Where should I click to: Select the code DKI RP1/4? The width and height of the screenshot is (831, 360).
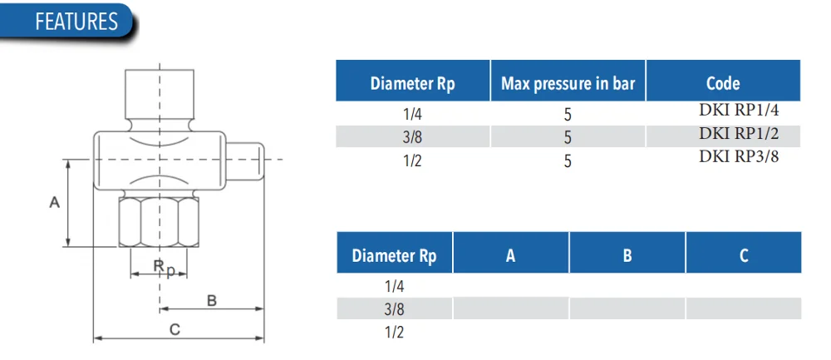tap(739, 111)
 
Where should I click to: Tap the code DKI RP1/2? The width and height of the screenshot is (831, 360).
tap(739, 133)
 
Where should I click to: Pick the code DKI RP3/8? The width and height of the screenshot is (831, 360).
tap(739, 156)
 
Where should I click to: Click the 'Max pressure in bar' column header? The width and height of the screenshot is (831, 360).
tap(568, 83)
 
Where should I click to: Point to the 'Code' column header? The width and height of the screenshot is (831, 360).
tap(723, 83)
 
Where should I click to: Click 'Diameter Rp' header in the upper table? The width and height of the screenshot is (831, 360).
tap(412, 84)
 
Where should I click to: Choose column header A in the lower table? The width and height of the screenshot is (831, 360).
tap(510, 255)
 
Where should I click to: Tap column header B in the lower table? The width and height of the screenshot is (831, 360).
tap(627, 255)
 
